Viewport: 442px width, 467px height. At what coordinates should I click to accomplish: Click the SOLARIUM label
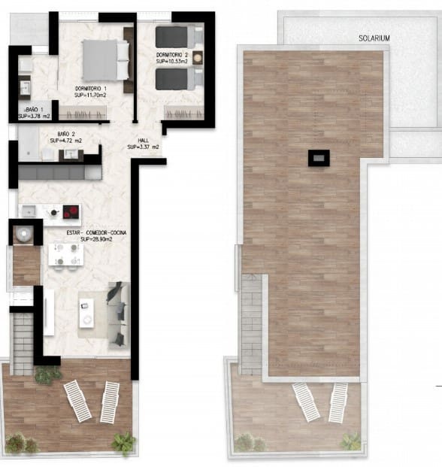pos(374,37)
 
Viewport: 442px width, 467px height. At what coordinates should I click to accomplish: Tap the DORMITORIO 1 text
pos(95,89)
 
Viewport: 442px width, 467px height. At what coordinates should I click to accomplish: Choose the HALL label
pos(144,140)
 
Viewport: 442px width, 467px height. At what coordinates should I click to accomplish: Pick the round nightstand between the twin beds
pos(197,57)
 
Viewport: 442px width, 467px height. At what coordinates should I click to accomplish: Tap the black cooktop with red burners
pos(71,211)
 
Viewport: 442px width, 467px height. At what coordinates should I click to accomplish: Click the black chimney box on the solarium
pos(319,157)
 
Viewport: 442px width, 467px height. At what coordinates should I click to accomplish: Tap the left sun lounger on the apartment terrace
pos(77,401)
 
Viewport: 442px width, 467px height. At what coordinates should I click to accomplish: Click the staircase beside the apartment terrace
pos(23,343)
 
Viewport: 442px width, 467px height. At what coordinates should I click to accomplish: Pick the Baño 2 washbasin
pos(73,154)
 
